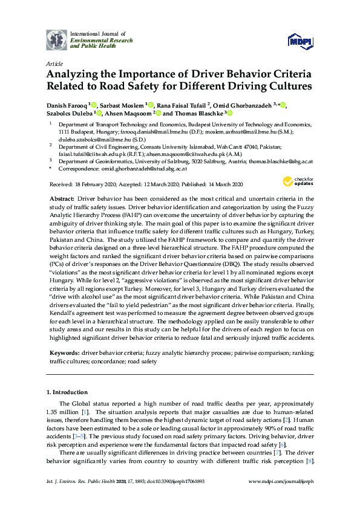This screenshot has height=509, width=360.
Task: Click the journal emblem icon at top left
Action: pyautogui.click(x=57, y=39)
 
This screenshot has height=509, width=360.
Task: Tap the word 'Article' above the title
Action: pyautogui.click(x=53, y=63)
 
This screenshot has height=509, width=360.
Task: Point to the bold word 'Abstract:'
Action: pyautogui.click(x=64, y=198)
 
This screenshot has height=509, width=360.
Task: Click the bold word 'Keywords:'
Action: pyautogui.click(x=64, y=351)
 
